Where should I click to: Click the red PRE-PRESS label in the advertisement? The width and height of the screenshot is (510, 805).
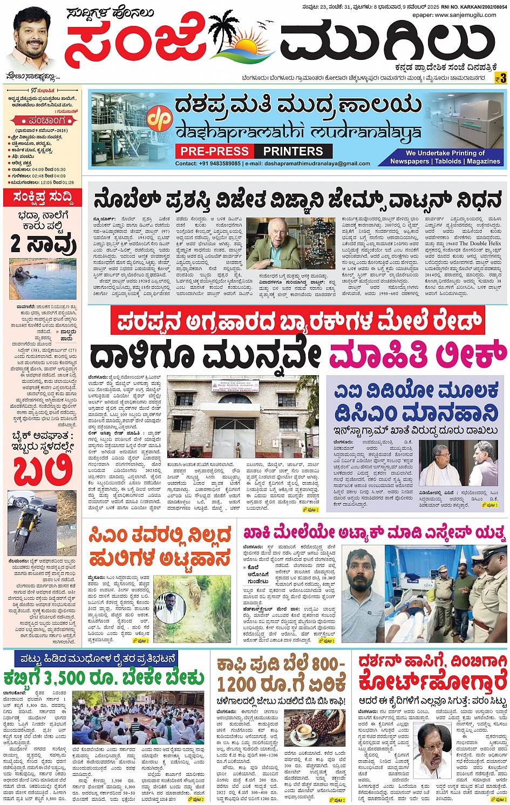214,152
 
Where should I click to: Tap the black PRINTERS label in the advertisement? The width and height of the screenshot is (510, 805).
293,152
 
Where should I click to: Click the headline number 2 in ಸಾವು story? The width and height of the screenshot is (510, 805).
18,245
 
